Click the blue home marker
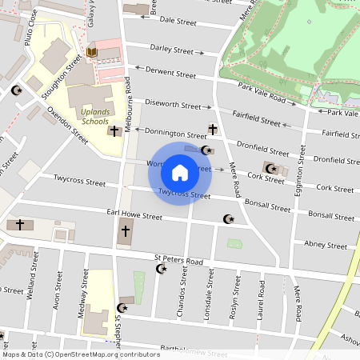pyautogui.click(x=180, y=173)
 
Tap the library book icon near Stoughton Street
pyautogui.click(x=92, y=53)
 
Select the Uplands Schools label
pyautogui.click(x=95, y=117)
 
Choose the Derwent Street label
pyautogui.click(x=171, y=73)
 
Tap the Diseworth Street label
pyautogui.click(x=173, y=105)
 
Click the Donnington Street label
pyautogui.click(x=175, y=134)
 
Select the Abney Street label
pyautogui.click(x=325, y=245)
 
